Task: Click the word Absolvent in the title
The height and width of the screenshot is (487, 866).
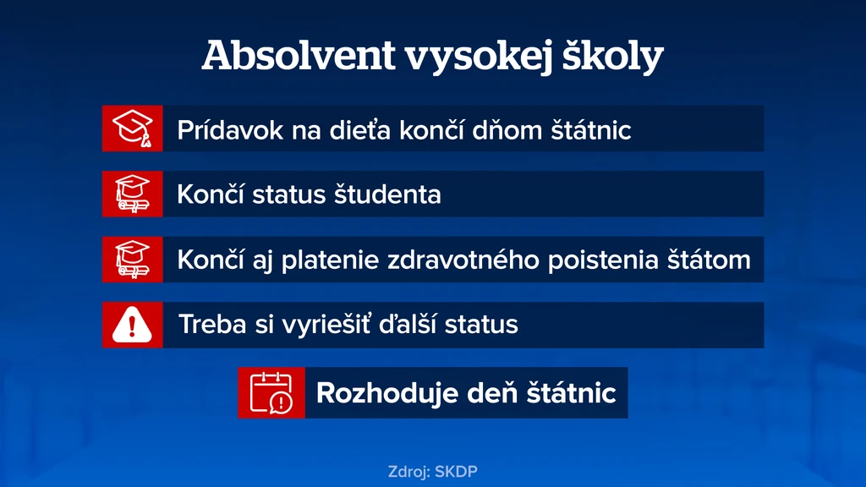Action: [299, 55]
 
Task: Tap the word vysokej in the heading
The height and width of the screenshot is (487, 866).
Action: [479, 57]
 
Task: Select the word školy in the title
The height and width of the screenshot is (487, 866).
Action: [612, 57]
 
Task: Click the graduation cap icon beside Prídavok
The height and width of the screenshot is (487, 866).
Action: [133, 129]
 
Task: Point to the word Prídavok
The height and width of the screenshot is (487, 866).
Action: [230, 130]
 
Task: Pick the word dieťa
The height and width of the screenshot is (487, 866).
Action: [359, 130]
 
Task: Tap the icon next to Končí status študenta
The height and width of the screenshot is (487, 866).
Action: [133, 194]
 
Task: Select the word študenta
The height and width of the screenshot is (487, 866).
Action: [387, 194]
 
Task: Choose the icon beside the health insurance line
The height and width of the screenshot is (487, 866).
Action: [133, 260]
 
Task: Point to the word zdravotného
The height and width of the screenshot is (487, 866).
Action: [463, 260]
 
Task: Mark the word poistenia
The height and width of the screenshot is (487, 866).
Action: [603, 260]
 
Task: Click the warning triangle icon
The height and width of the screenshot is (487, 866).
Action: [132, 325]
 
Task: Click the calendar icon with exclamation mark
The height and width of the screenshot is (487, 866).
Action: [271, 392]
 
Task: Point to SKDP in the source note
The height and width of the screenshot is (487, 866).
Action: [456, 472]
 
